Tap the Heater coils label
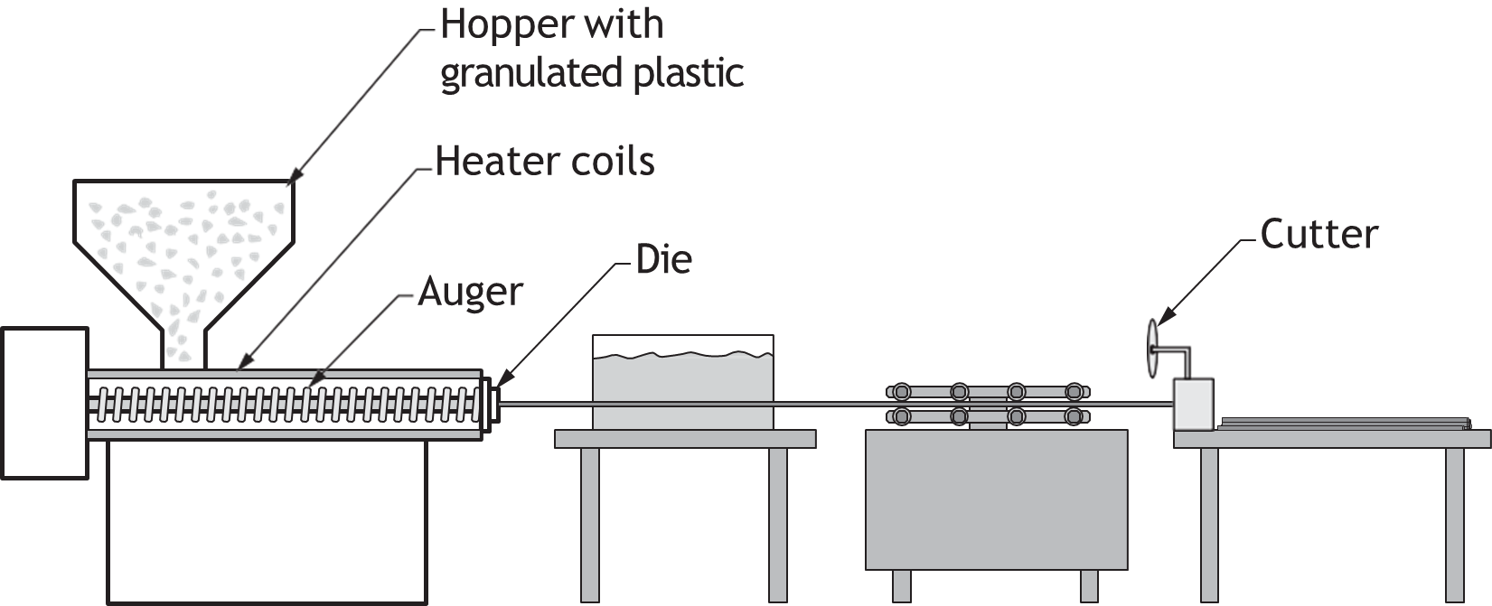tap(545, 162)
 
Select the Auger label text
tap(470, 293)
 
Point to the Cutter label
tap(1318, 235)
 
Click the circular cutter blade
tap(1153, 349)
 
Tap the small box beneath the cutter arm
tap(1193, 405)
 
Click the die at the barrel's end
tap(491, 405)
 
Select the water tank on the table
tap(682, 382)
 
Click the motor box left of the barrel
tap(44, 403)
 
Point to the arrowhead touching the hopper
tap(294, 174)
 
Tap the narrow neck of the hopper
tap(183, 349)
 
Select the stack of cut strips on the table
tap(1345, 424)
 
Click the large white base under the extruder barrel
tap(267, 522)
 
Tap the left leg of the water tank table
tap(589, 526)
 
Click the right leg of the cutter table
tap(1455, 526)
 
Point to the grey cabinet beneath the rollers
tap(997, 499)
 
